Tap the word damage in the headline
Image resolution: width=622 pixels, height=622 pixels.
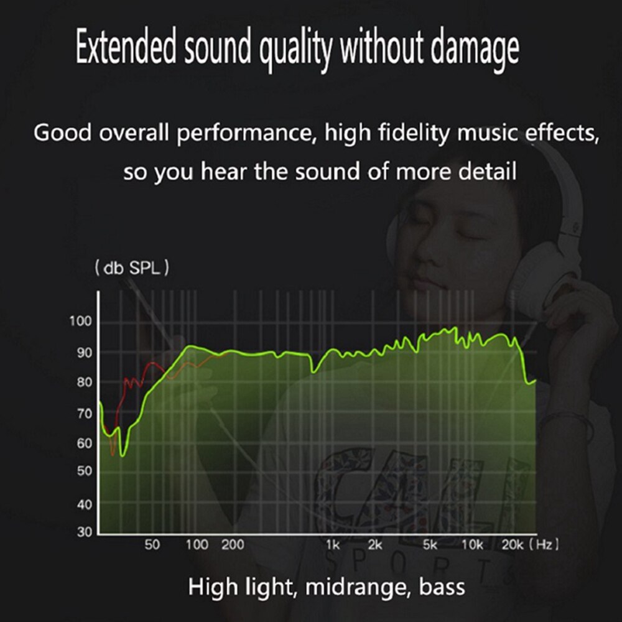pyautogui.click(x=475, y=50)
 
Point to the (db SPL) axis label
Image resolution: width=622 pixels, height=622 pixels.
pyautogui.click(x=132, y=267)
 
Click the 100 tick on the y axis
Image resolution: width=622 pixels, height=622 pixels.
pyautogui.click(x=80, y=321)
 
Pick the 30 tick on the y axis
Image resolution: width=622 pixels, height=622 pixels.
pyautogui.click(x=85, y=532)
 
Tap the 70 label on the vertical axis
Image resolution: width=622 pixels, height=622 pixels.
pyautogui.click(x=85, y=414)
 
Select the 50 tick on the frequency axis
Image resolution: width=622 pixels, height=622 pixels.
pyautogui.click(x=152, y=545)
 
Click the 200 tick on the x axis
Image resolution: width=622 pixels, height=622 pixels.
pyautogui.click(x=233, y=545)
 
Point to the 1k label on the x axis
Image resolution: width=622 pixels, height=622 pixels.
pyautogui.click(x=333, y=545)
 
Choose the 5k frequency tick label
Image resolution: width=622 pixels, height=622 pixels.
pyautogui.click(x=430, y=545)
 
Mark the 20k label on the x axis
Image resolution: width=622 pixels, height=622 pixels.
pyautogui.click(x=513, y=545)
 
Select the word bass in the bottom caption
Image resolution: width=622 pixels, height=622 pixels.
pyautogui.click(x=442, y=587)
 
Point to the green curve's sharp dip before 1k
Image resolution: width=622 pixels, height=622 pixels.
pyautogui.click(x=313, y=372)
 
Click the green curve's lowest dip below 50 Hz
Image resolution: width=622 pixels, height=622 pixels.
pyautogui.click(x=122, y=456)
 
